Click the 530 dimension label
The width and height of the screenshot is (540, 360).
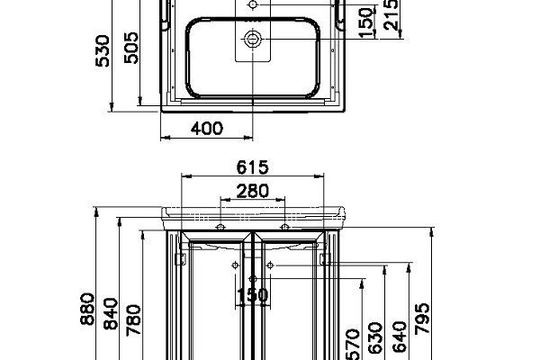(x=103, y=50)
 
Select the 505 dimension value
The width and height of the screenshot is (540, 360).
(x=131, y=48)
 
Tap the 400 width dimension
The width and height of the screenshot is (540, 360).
(x=207, y=129)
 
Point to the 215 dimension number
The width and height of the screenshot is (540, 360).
(x=391, y=14)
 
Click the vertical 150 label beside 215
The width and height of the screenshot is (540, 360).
(x=366, y=22)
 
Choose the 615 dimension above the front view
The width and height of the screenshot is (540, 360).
(x=252, y=167)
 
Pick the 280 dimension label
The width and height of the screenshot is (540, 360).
(x=252, y=191)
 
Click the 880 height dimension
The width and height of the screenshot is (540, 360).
(x=87, y=309)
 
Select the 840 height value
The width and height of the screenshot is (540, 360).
(x=111, y=314)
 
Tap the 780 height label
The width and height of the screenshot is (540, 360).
(x=133, y=319)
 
